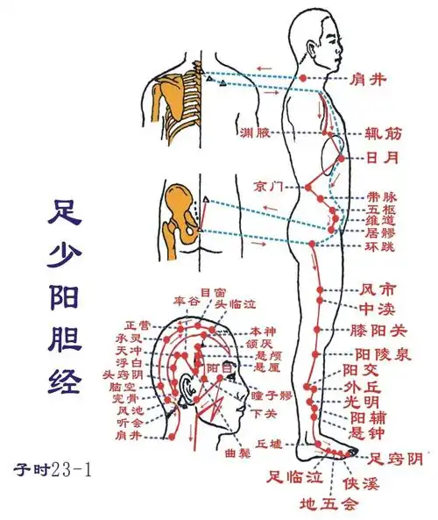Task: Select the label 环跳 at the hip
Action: click(x=380, y=248)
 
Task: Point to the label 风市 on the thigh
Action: click(x=378, y=288)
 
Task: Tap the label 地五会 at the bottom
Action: click(x=328, y=504)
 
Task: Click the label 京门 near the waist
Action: click(x=268, y=186)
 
